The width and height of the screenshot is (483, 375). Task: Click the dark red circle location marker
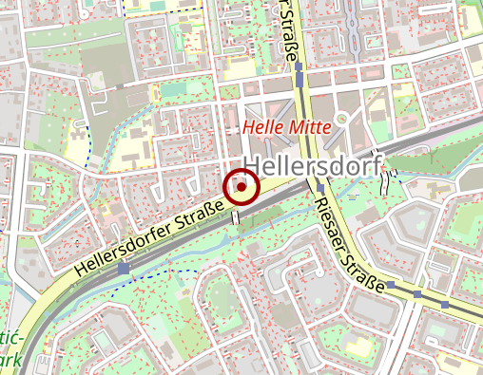241,187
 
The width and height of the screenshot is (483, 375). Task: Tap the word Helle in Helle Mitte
262,126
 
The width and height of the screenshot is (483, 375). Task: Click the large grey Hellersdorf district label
313,164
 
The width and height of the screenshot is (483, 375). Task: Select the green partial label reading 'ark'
10,361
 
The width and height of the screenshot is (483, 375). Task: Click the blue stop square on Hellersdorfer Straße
124,269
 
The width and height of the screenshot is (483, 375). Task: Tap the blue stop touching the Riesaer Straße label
391,283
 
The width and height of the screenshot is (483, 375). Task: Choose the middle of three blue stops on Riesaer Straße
417,293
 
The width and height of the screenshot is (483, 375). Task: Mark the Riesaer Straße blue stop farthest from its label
444,304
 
